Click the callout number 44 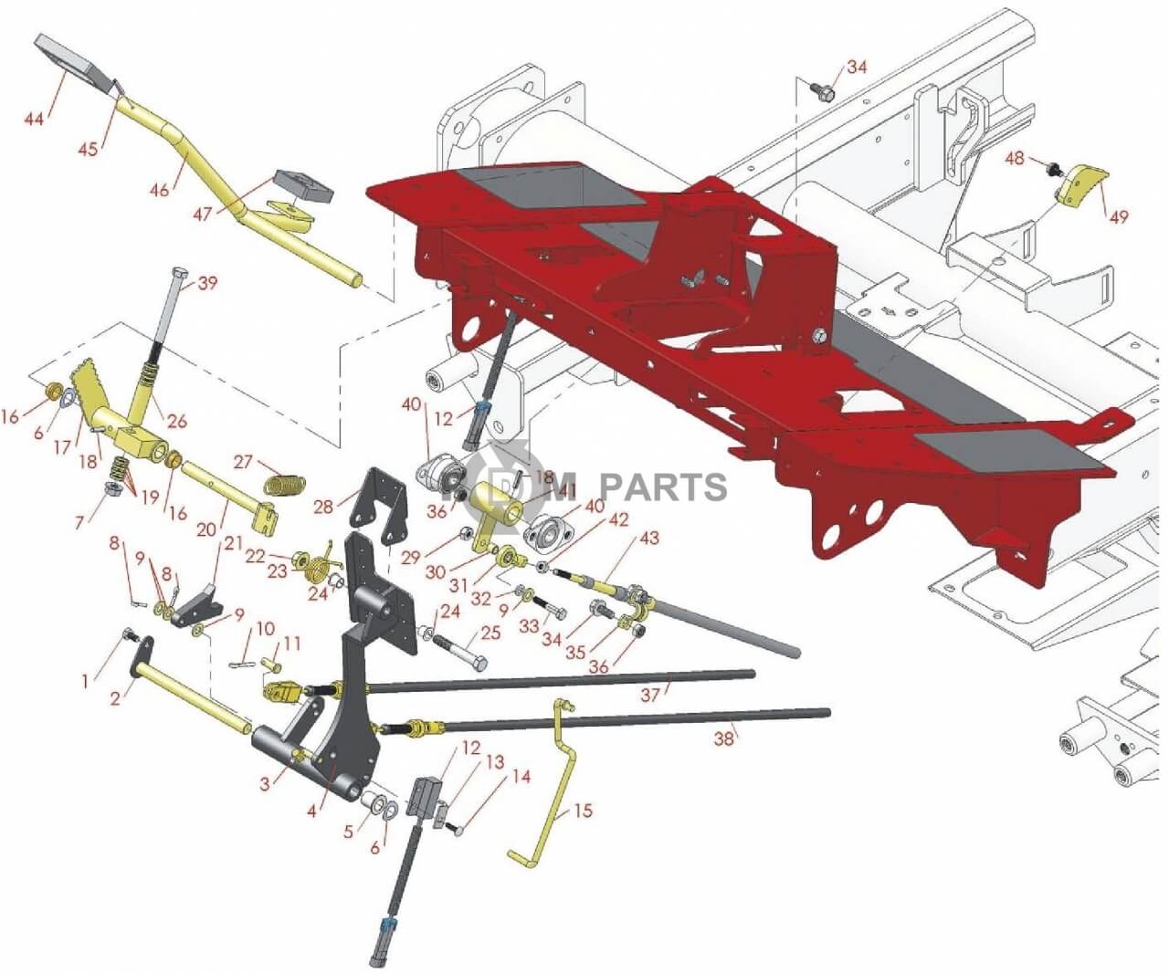34,119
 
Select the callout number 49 1118,216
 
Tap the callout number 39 207,283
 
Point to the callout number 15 583,811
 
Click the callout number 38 723,739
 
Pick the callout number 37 649,695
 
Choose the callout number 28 324,507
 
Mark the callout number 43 648,539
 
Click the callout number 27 242,462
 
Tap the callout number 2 115,699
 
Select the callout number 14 521,777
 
